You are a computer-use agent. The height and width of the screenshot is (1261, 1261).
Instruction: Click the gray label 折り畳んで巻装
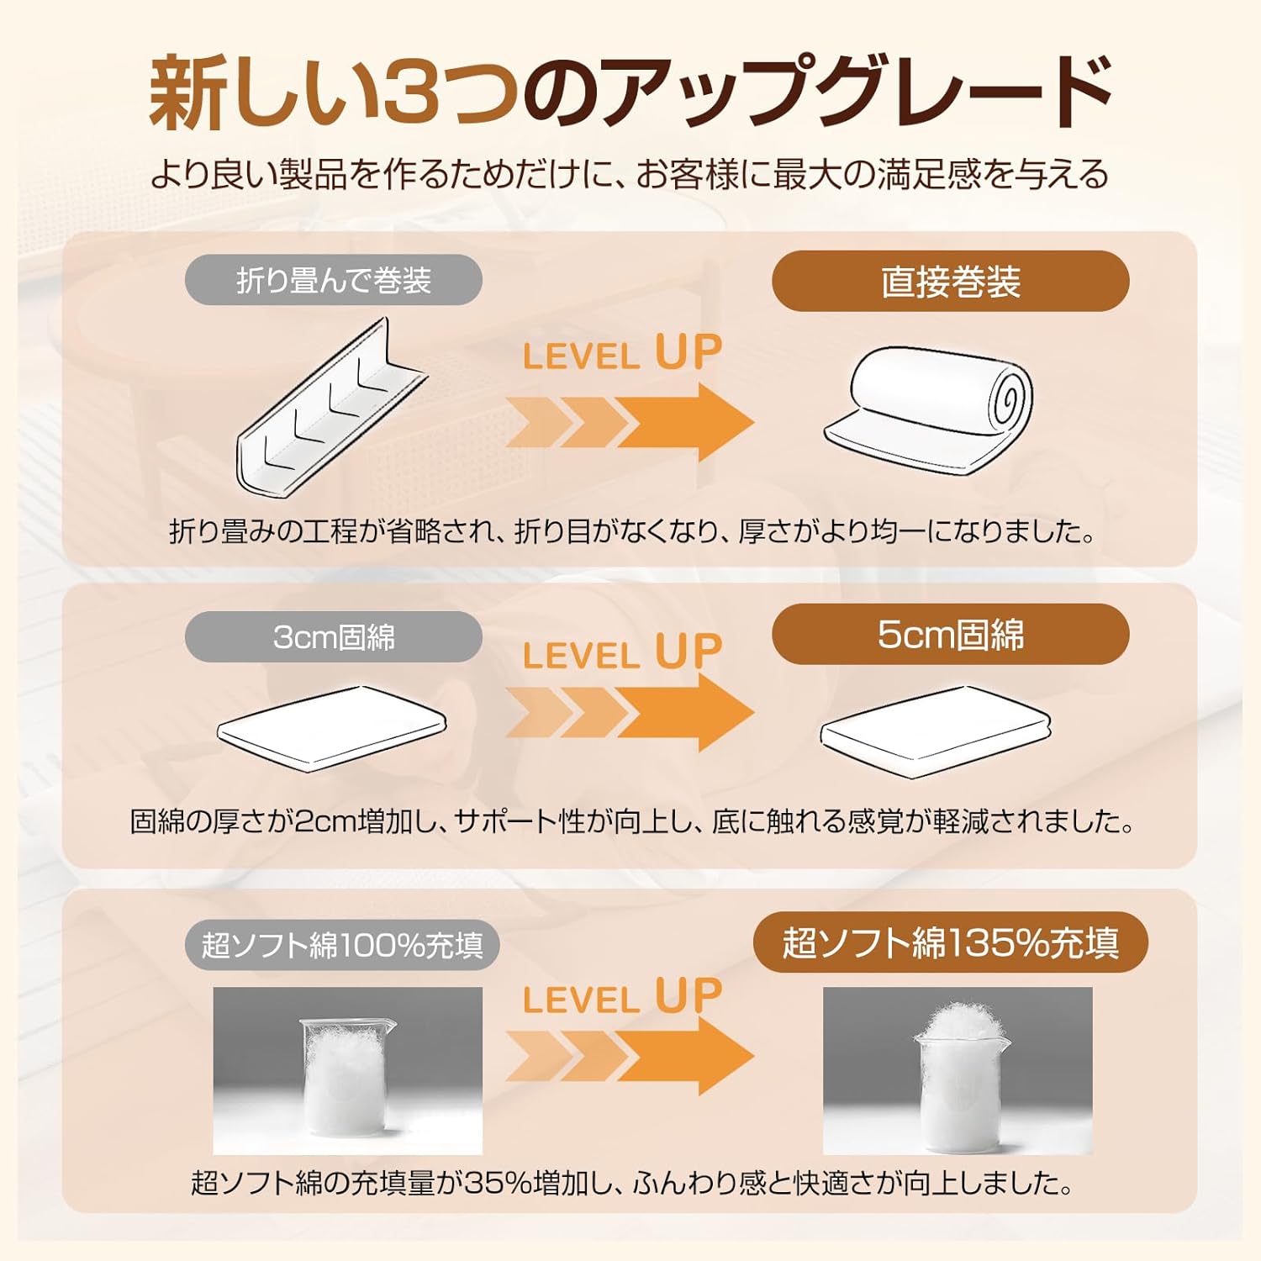[x=333, y=280]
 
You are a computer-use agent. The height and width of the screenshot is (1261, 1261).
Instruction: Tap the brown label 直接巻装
[x=950, y=282]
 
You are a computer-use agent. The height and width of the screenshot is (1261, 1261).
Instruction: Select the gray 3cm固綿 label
[x=333, y=637]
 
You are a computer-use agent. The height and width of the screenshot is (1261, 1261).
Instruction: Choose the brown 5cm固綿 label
[x=950, y=635]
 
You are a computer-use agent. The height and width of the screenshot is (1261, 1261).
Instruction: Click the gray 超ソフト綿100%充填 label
[x=341, y=945]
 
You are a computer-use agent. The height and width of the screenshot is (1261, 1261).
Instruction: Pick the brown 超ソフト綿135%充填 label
[x=950, y=942]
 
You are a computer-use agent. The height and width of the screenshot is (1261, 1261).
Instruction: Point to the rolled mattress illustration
[x=933, y=408]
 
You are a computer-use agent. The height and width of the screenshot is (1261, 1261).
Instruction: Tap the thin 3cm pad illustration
[x=331, y=727]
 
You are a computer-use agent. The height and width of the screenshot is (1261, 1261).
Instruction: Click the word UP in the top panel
[x=689, y=352]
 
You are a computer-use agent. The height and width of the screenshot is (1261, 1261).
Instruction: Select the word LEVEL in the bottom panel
[x=581, y=1000]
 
